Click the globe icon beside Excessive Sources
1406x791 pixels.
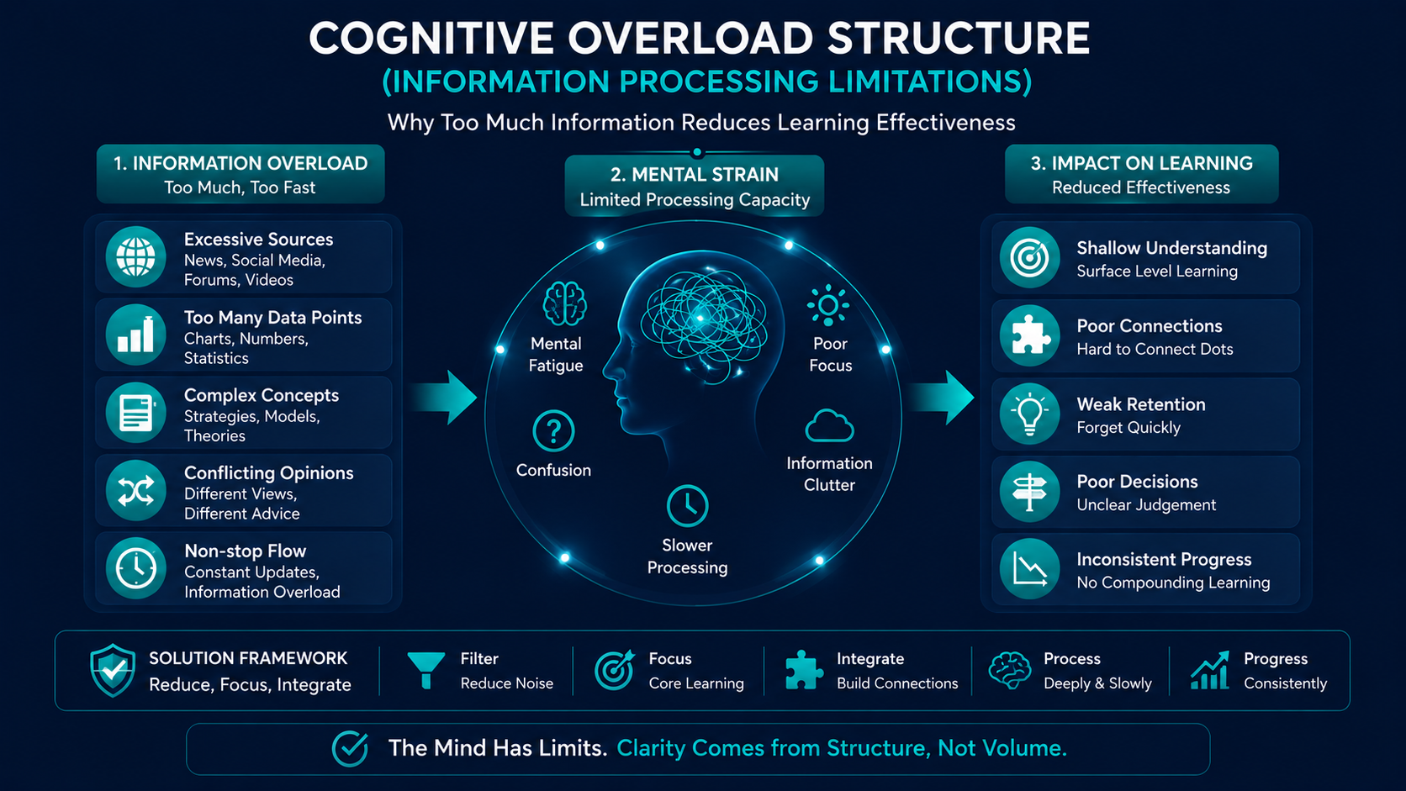pos(135,257)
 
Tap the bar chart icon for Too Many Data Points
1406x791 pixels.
pos(135,335)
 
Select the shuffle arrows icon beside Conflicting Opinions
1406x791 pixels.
pos(135,491)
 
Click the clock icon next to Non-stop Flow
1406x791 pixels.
pos(135,568)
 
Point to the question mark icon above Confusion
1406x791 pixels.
pos(553,431)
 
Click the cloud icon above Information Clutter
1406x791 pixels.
pos(829,426)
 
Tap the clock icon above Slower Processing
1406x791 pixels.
pos(687,505)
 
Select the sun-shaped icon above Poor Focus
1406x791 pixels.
pos(828,305)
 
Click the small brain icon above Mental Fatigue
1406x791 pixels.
pos(565,303)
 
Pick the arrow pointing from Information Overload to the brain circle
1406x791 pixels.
pos(443,398)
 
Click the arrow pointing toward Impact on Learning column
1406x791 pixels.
pos(940,398)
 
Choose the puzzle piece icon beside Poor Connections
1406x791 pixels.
pos(1029,335)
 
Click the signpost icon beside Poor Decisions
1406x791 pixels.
pos(1029,492)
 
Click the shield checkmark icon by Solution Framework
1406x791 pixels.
pos(113,671)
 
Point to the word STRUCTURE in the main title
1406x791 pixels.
pos(958,39)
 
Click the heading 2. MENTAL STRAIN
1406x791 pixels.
pos(695,174)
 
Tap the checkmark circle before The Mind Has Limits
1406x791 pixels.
pos(350,748)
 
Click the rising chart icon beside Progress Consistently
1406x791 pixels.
pos(1210,670)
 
